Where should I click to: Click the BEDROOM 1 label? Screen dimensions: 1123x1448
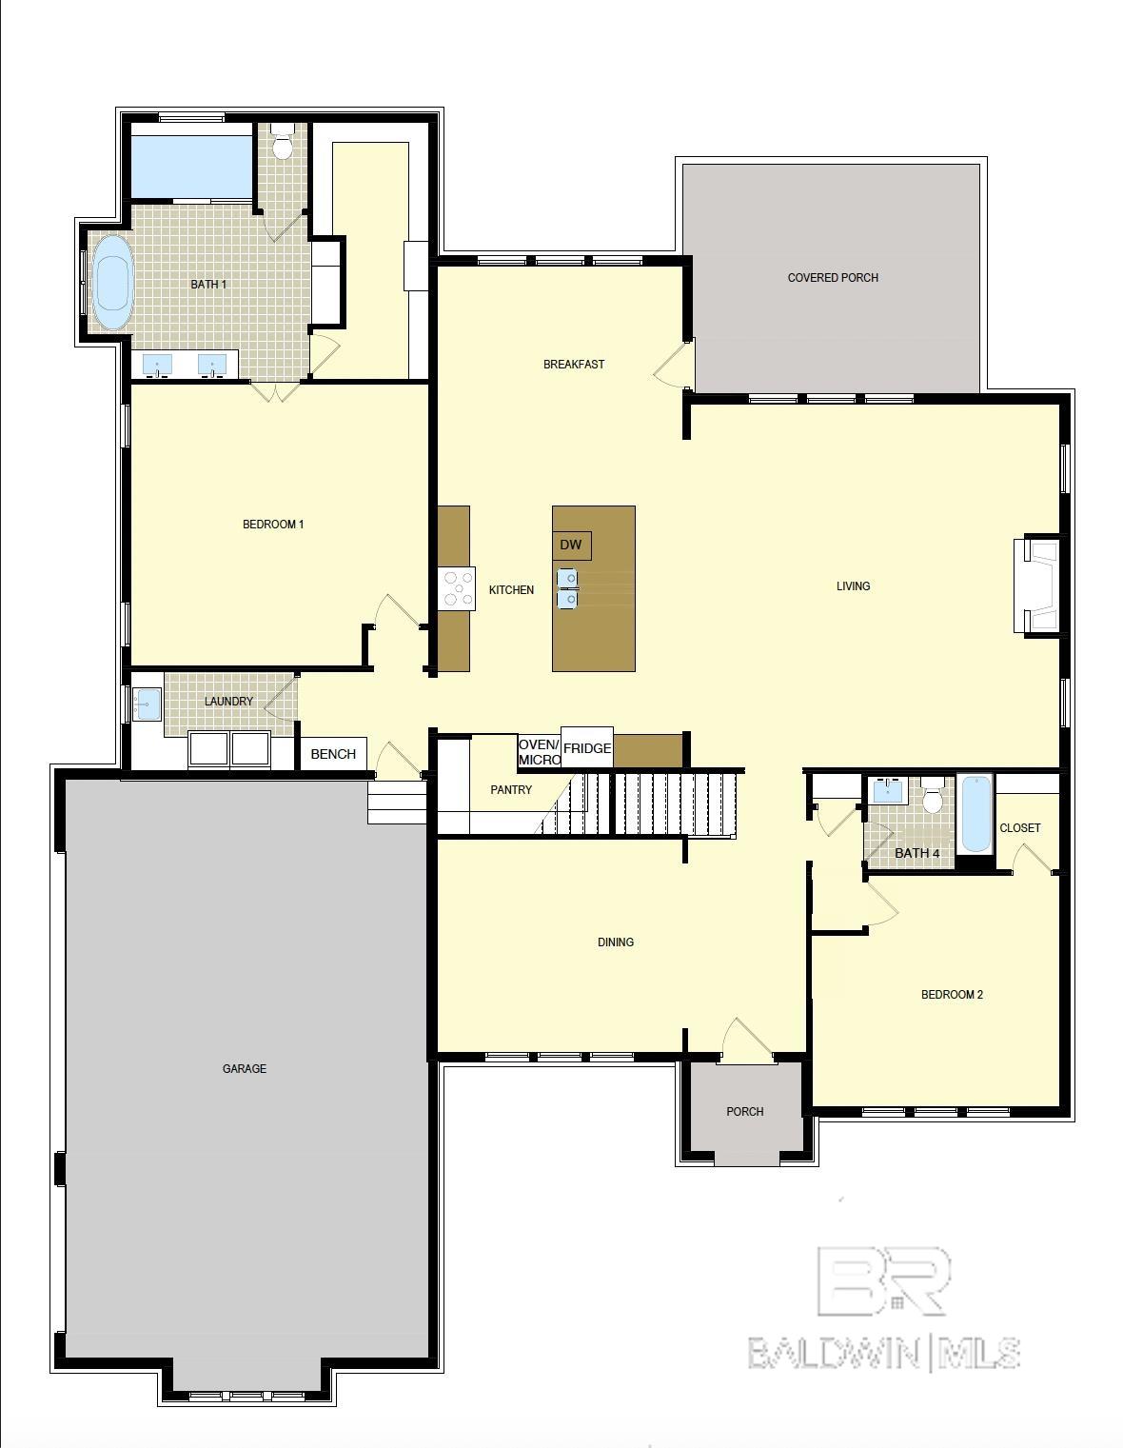(x=273, y=525)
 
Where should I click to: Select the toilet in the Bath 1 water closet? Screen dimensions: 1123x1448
(x=283, y=141)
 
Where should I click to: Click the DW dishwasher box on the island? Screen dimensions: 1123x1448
(x=571, y=545)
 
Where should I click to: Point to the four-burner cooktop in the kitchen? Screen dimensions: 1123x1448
(x=456, y=588)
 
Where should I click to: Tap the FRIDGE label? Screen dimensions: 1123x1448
(x=587, y=748)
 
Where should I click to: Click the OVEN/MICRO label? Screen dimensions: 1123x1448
(x=539, y=752)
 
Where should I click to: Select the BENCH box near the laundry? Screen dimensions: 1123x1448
(x=334, y=754)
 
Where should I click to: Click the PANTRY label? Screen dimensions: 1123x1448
(x=511, y=789)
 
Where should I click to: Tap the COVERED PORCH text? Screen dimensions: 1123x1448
(x=833, y=278)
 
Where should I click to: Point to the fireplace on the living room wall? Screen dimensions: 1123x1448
(x=1036, y=585)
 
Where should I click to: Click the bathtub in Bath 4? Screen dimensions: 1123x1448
(x=975, y=814)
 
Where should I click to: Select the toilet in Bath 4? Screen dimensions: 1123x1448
(x=933, y=795)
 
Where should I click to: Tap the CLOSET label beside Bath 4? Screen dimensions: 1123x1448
(x=1020, y=827)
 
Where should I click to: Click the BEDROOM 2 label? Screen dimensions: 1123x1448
(x=952, y=994)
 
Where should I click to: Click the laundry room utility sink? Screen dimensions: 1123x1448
(x=147, y=704)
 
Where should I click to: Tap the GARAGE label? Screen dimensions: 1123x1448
(x=245, y=1068)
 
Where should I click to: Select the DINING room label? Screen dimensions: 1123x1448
(x=616, y=942)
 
